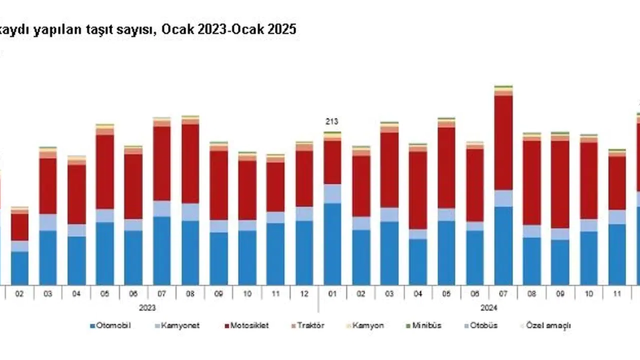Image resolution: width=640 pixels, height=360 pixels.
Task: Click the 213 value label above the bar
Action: [x=332, y=121]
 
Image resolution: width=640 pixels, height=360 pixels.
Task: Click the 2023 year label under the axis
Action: [x=147, y=307]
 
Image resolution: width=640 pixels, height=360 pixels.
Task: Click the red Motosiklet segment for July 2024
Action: [x=503, y=142]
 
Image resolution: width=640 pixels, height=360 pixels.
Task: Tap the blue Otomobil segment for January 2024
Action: [x=332, y=244]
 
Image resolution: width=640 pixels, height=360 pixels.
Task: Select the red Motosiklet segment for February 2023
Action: [x=20, y=227]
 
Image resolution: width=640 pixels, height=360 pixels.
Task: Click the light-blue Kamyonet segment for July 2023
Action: [x=162, y=208]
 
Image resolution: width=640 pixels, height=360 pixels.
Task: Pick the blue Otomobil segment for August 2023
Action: [x=190, y=252]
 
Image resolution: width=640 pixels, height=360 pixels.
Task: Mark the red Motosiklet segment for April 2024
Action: [x=418, y=190]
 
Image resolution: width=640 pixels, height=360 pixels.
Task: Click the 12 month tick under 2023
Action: [x=304, y=294]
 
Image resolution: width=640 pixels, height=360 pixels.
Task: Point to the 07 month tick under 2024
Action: [x=503, y=294]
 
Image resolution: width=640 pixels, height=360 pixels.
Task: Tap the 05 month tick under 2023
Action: [x=105, y=294]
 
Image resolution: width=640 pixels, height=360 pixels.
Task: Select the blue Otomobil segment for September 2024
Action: [x=560, y=262]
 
